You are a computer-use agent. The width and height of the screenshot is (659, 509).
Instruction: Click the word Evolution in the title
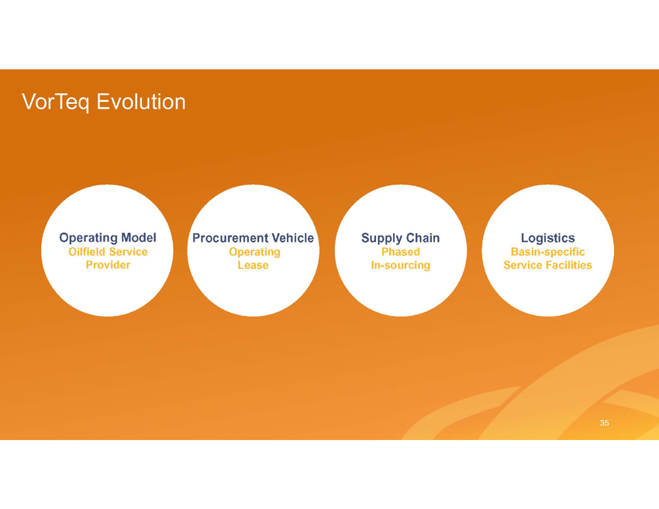click(141, 101)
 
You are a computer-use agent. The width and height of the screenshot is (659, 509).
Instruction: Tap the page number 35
click(605, 423)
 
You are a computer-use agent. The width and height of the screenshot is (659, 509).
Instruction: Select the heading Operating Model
click(108, 238)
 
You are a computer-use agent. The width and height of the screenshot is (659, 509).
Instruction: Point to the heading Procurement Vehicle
click(253, 238)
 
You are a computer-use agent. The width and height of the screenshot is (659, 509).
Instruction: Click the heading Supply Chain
click(401, 238)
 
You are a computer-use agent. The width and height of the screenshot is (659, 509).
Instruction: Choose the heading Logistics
click(547, 239)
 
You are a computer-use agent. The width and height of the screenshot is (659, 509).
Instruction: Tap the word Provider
click(108, 265)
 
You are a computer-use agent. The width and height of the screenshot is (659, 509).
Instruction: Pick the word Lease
click(253, 265)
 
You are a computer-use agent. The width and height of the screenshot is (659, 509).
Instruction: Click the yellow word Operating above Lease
click(255, 252)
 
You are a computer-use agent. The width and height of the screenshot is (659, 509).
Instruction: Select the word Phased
click(401, 252)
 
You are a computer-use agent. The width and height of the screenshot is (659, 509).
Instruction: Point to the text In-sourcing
click(401, 266)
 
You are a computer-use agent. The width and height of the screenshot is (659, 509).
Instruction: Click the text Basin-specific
click(547, 252)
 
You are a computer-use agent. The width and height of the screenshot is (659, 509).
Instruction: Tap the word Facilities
click(568, 265)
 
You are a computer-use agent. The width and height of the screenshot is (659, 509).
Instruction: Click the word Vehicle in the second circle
click(292, 238)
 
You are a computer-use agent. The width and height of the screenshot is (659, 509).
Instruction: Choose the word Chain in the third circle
click(422, 238)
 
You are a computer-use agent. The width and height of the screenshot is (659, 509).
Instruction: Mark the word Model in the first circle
click(139, 238)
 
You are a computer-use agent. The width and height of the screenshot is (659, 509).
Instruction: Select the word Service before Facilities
click(523, 265)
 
